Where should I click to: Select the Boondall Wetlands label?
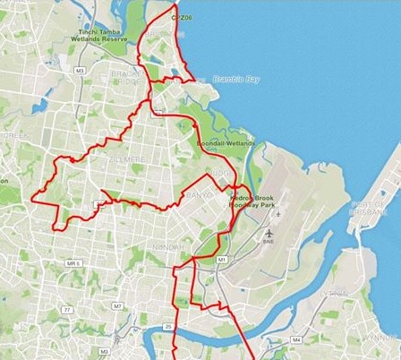tap(226, 142)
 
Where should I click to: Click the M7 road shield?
tap(117, 306)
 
